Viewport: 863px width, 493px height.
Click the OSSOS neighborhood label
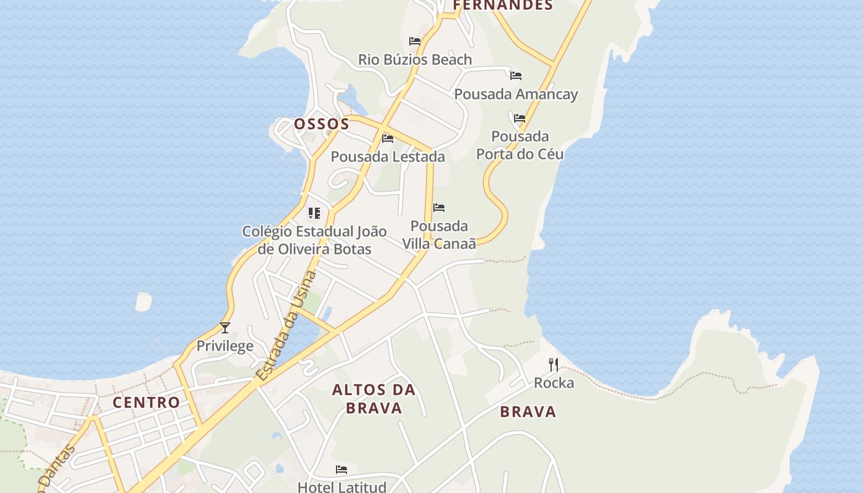coord(321,124)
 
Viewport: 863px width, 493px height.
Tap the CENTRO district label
coord(146,402)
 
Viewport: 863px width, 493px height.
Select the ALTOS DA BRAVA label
coord(374,399)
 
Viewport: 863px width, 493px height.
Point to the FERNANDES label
coord(503,6)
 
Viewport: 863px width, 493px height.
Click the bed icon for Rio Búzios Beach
coord(415,41)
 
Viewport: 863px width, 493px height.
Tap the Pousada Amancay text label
coord(516,94)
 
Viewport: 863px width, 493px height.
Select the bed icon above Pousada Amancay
coord(516,76)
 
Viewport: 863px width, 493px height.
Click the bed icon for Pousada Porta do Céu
coord(520,118)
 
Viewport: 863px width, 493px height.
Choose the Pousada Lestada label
coord(388,157)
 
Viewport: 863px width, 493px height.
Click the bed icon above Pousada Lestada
coord(388,139)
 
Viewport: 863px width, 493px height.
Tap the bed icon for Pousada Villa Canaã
coord(439,208)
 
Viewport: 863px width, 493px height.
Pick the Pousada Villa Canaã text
coord(439,235)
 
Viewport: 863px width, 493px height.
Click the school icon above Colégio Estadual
coord(314,213)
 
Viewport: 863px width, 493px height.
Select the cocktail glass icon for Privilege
coord(225,328)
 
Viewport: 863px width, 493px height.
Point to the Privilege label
coord(225,346)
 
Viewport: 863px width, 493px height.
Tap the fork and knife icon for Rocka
coord(554,365)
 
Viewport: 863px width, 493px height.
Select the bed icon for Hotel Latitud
coord(342,470)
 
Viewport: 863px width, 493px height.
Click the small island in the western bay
coord(143,301)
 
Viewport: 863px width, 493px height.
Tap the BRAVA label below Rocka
coord(528,412)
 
